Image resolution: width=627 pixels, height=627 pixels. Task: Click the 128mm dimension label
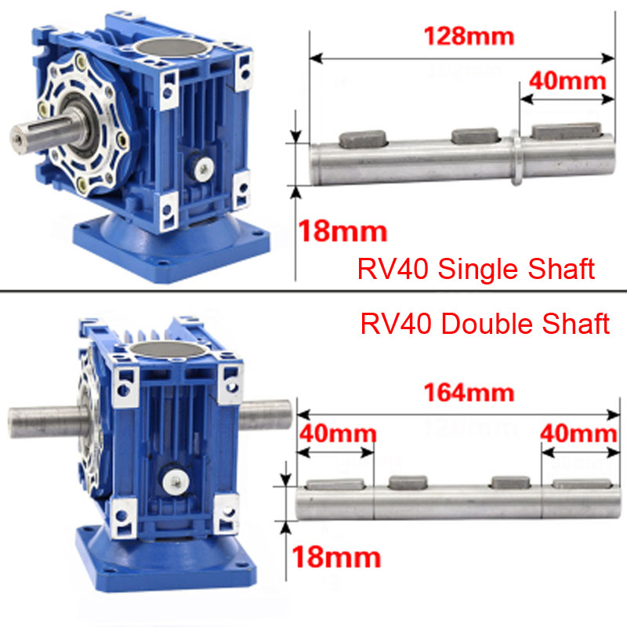coord(469,36)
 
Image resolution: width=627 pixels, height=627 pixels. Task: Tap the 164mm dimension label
coord(469,393)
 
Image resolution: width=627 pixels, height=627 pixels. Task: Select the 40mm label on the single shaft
coord(567,82)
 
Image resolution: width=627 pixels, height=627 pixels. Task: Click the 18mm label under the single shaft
coord(342,231)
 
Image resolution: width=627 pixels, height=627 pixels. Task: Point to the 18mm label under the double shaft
coord(336,557)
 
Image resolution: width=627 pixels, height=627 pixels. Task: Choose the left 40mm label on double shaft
coord(338,433)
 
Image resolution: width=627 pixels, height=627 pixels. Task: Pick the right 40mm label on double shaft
coord(578,433)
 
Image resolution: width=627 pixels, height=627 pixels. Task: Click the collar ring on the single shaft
coord(516,158)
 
